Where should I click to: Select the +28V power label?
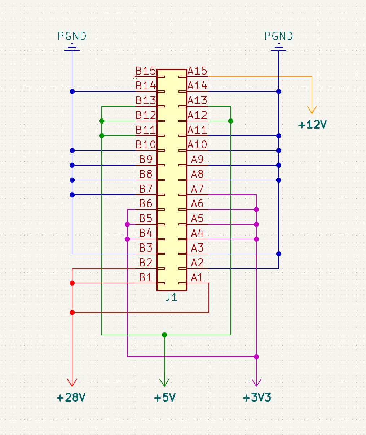click(71, 398)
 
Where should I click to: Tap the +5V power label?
click(165, 398)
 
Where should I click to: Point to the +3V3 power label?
click(257, 398)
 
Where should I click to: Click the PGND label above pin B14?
click(72, 36)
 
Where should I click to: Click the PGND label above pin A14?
click(279, 36)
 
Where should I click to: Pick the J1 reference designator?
click(172, 297)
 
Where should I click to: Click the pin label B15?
click(146, 71)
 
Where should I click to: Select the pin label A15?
click(197, 71)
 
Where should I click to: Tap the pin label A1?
click(197, 277)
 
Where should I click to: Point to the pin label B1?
click(146, 277)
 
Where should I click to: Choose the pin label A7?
click(197, 189)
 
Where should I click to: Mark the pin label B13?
click(146, 100)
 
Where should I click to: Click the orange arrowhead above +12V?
click(312, 110)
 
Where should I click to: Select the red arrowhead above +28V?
click(72, 382)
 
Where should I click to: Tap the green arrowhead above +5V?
click(164, 382)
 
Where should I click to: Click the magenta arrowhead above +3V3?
click(256, 382)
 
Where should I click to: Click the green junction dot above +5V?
click(164, 335)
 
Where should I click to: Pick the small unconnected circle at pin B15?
click(135, 77)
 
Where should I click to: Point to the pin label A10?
click(197, 145)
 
